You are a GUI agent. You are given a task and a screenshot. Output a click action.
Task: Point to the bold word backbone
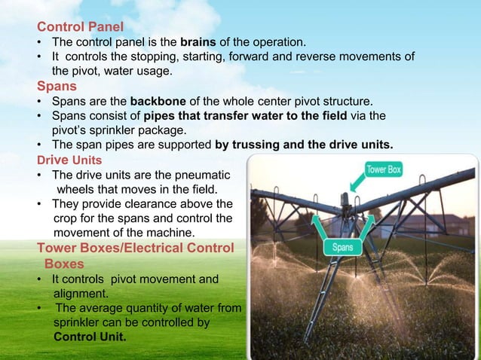[x=160, y=100]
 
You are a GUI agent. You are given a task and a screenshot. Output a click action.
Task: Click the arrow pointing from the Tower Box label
[x=355, y=184]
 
